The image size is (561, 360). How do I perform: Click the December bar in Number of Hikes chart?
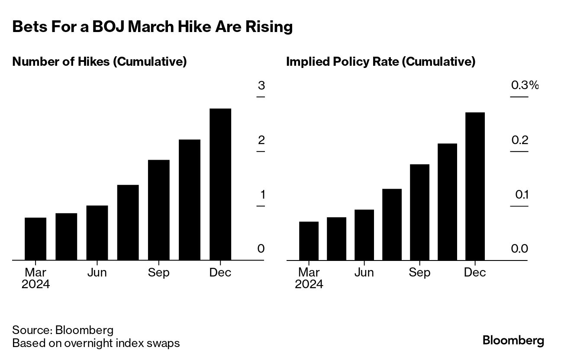tap(220, 184)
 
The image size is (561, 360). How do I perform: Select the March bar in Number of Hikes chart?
tap(35, 239)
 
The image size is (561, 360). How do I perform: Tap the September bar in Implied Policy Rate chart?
tap(419, 212)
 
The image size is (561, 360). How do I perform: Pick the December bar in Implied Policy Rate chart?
tap(475, 186)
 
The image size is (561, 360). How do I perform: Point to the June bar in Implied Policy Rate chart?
tap(364, 235)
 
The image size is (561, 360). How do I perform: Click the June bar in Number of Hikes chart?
tap(97, 233)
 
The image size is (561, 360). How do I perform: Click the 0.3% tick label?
tap(525, 85)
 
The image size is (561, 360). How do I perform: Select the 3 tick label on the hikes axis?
tap(261, 85)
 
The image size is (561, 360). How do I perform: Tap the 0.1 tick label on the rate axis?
tap(522, 195)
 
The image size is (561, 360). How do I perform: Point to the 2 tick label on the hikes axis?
tap(261, 140)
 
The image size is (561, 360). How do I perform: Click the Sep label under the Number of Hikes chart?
tap(158, 273)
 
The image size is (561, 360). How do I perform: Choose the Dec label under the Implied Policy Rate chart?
tap(475, 273)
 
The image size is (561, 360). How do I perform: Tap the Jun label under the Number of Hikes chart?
tap(97, 273)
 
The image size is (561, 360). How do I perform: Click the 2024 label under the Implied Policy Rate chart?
tap(309, 284)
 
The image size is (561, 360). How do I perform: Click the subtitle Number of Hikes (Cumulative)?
tap(100, 62)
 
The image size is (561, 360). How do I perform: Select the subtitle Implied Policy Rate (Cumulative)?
tap(381, 62)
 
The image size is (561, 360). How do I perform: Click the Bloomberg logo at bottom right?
tap(513, 341)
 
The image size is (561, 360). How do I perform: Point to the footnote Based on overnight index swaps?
tap(96, 344)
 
